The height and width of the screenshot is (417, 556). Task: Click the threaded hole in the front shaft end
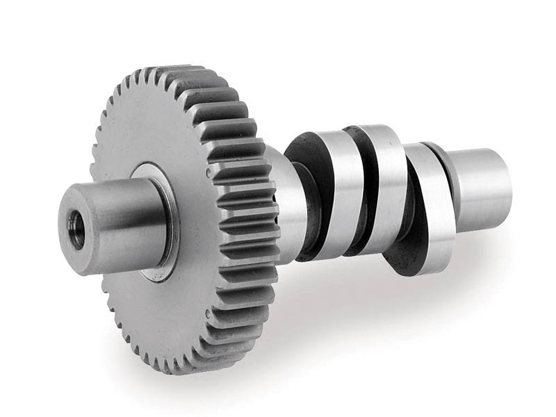(x=76, y=230)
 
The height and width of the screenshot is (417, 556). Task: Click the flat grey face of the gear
(x=139, y=139)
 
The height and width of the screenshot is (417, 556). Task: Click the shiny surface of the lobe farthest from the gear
(x=431, y=208)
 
